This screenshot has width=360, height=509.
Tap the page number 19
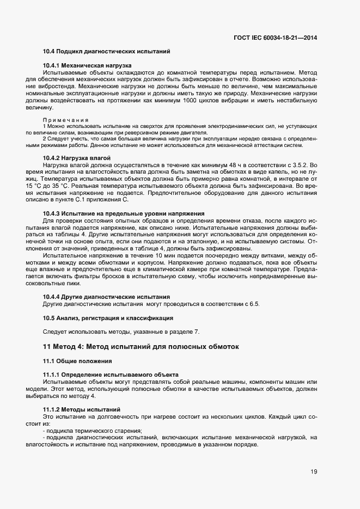coord(314,471)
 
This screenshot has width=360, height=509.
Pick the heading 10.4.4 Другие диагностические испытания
coord(106,297)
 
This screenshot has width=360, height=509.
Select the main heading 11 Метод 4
coord(141,347)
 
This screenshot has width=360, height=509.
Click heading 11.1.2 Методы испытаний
coord(82,409)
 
